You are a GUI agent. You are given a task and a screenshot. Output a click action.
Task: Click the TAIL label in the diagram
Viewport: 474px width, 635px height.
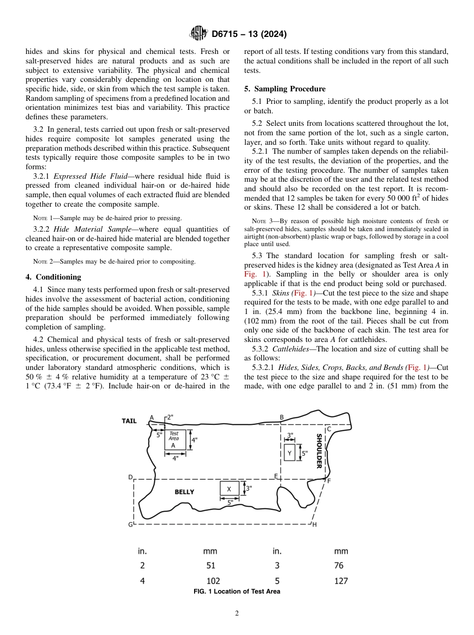(x=129, y=421)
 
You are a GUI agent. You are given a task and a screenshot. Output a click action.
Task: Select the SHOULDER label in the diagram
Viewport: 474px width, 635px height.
(x=319, y=451)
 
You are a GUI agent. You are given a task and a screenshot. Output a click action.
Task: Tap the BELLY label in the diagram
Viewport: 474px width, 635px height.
(x=184, y=492)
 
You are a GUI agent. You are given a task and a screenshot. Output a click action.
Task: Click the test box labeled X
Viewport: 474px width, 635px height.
(x=229, y=489)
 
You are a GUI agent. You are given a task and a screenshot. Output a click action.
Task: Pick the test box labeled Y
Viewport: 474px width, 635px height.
(x=289, y=453)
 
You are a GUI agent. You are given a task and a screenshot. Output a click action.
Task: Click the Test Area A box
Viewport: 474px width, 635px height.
(x=175, y=439)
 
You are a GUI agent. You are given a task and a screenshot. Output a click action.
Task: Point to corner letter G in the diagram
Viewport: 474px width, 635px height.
(x=130, y=525)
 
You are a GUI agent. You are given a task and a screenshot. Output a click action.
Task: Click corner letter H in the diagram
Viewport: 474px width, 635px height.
(x=314, y=525)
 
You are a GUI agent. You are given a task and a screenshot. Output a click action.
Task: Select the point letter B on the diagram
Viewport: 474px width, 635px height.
(x=281, y=417)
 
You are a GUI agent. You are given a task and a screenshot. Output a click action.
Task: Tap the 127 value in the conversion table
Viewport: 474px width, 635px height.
(x=341, y=581)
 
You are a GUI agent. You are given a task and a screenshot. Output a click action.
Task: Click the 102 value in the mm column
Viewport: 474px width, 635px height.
(x=213, y=581)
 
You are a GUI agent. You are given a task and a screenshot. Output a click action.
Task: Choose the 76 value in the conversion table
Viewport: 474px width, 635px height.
(x=339, y=566)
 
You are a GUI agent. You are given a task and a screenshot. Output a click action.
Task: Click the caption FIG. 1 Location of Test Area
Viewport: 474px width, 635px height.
(x=237, y=592)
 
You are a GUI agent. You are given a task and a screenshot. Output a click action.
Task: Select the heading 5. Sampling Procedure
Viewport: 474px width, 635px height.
(x=285, y=89)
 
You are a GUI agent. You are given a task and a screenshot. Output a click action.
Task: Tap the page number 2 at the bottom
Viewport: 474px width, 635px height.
(x=237, y=614)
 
